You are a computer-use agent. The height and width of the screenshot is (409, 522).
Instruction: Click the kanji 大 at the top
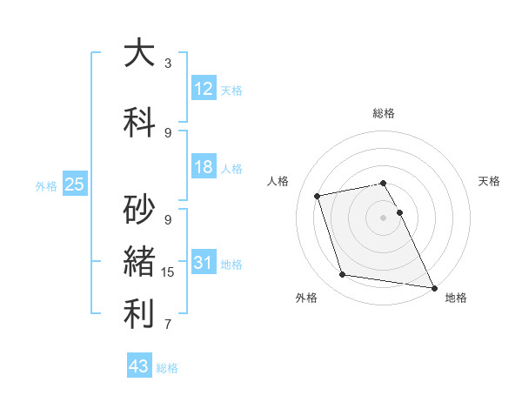click(139, 53)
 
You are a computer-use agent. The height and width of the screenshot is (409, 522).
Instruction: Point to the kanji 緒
click(139, 263)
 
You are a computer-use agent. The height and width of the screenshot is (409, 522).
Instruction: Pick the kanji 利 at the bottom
click(139, 314)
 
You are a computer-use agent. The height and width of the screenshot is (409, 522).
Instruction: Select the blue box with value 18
click(204, 167)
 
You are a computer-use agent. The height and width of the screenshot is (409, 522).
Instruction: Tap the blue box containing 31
click(204, 263)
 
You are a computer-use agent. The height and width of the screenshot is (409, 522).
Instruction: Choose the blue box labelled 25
click(74, 184)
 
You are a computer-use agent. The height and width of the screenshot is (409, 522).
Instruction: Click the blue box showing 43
click(138, 366)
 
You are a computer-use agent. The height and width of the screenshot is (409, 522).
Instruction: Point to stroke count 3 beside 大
click(168, 64)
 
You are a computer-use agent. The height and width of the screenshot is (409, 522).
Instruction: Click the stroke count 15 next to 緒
click(168, 272)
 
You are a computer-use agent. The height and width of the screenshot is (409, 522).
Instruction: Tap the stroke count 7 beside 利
click(168, 325)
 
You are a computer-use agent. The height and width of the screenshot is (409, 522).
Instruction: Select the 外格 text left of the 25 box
click(46, 185)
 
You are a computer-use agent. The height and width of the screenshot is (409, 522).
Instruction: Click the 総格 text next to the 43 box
click(167, 368)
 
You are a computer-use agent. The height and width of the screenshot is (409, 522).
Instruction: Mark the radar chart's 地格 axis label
click(456, 298)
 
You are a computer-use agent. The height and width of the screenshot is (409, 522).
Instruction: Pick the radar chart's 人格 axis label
click(278, 181)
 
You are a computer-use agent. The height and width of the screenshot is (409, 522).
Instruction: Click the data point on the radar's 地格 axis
click(433, 287)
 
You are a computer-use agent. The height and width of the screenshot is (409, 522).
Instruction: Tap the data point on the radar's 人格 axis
click(318, 196)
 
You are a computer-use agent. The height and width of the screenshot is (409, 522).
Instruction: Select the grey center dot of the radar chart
click(383, 217)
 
